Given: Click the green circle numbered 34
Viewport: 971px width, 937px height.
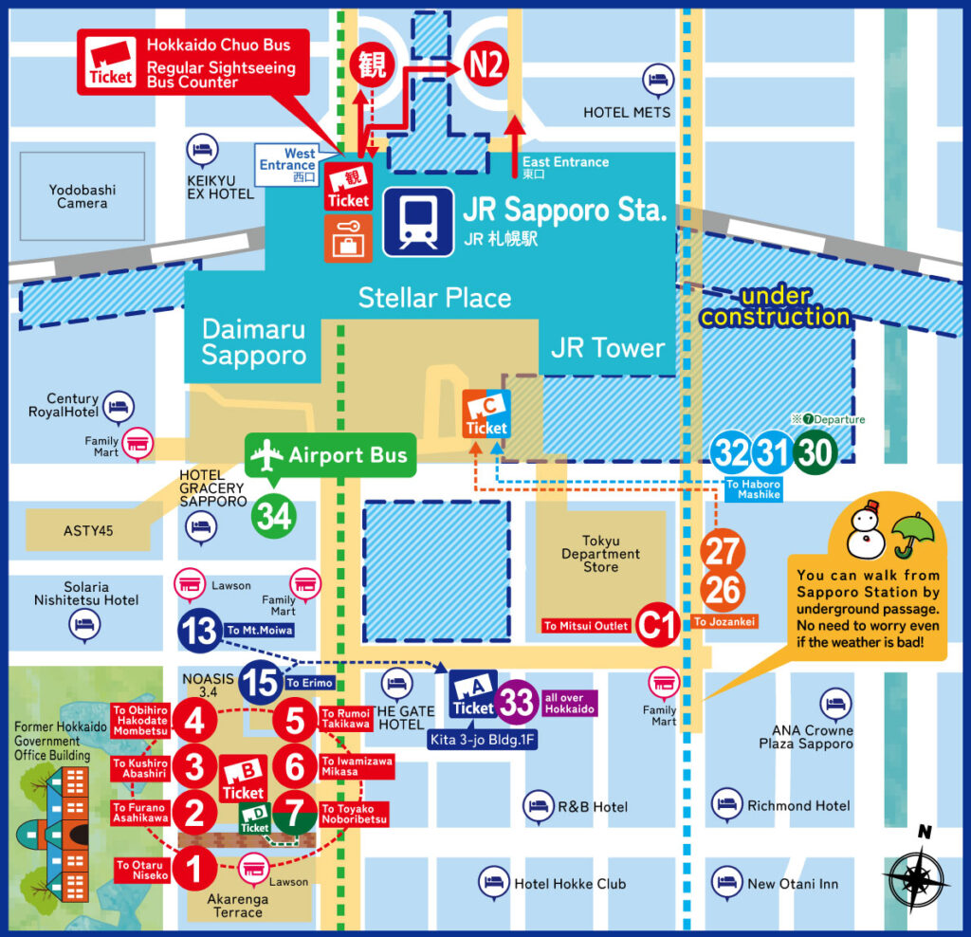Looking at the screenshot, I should click(x=273, y=516).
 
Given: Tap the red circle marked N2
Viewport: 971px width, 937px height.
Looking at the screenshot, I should click(x=486, y=64).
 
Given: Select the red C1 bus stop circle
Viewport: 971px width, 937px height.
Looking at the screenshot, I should click(x=656, y=625).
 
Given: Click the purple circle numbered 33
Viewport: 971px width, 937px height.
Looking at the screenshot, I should click(x=518, y=703).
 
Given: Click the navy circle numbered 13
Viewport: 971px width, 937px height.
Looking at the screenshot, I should click(x=200, y=631).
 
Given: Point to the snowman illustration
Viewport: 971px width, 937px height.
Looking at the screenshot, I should click(x=865, y=534).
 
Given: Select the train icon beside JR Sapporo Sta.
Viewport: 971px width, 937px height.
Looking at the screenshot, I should click(x=418, y=221).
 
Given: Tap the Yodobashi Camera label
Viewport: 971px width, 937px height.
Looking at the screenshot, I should click(x=82, y=196).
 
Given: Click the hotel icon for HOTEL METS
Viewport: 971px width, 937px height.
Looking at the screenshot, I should click(x=656, y=80).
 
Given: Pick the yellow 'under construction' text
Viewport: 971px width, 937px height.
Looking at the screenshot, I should click(x=775, y=306).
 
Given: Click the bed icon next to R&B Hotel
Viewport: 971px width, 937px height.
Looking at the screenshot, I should click(x=538, y=805).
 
